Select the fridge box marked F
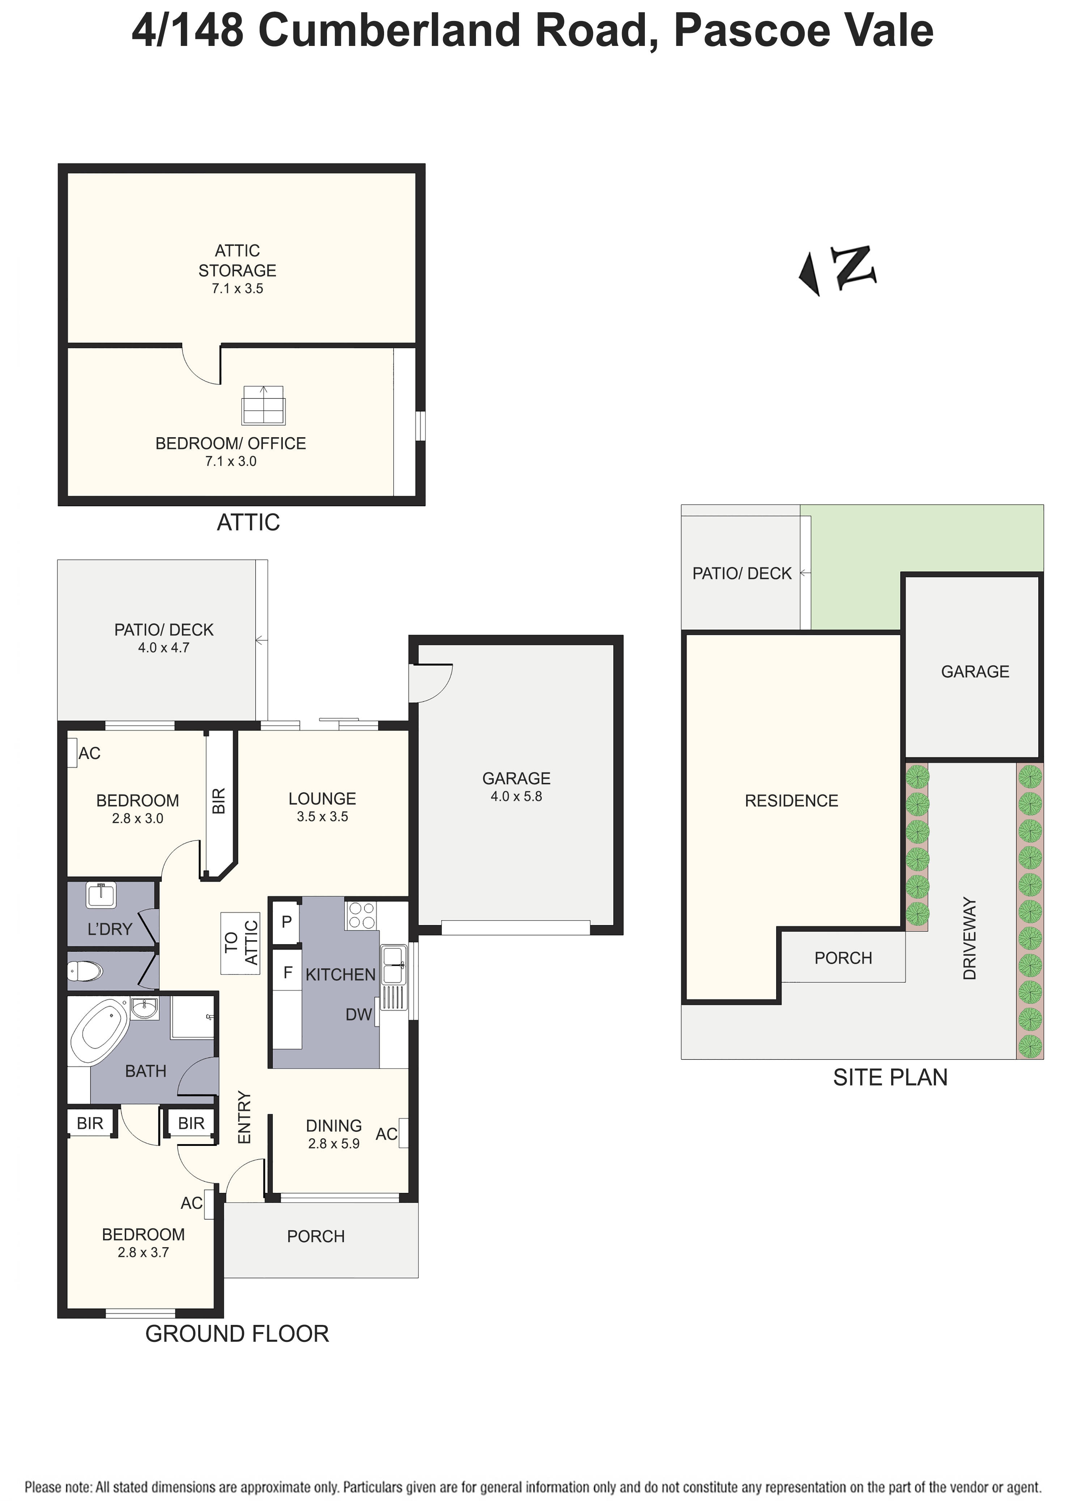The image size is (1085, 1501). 287,972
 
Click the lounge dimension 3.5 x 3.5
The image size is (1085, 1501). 322,817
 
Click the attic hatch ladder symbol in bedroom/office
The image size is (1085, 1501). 263,405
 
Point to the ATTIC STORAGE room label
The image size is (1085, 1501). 237,261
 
